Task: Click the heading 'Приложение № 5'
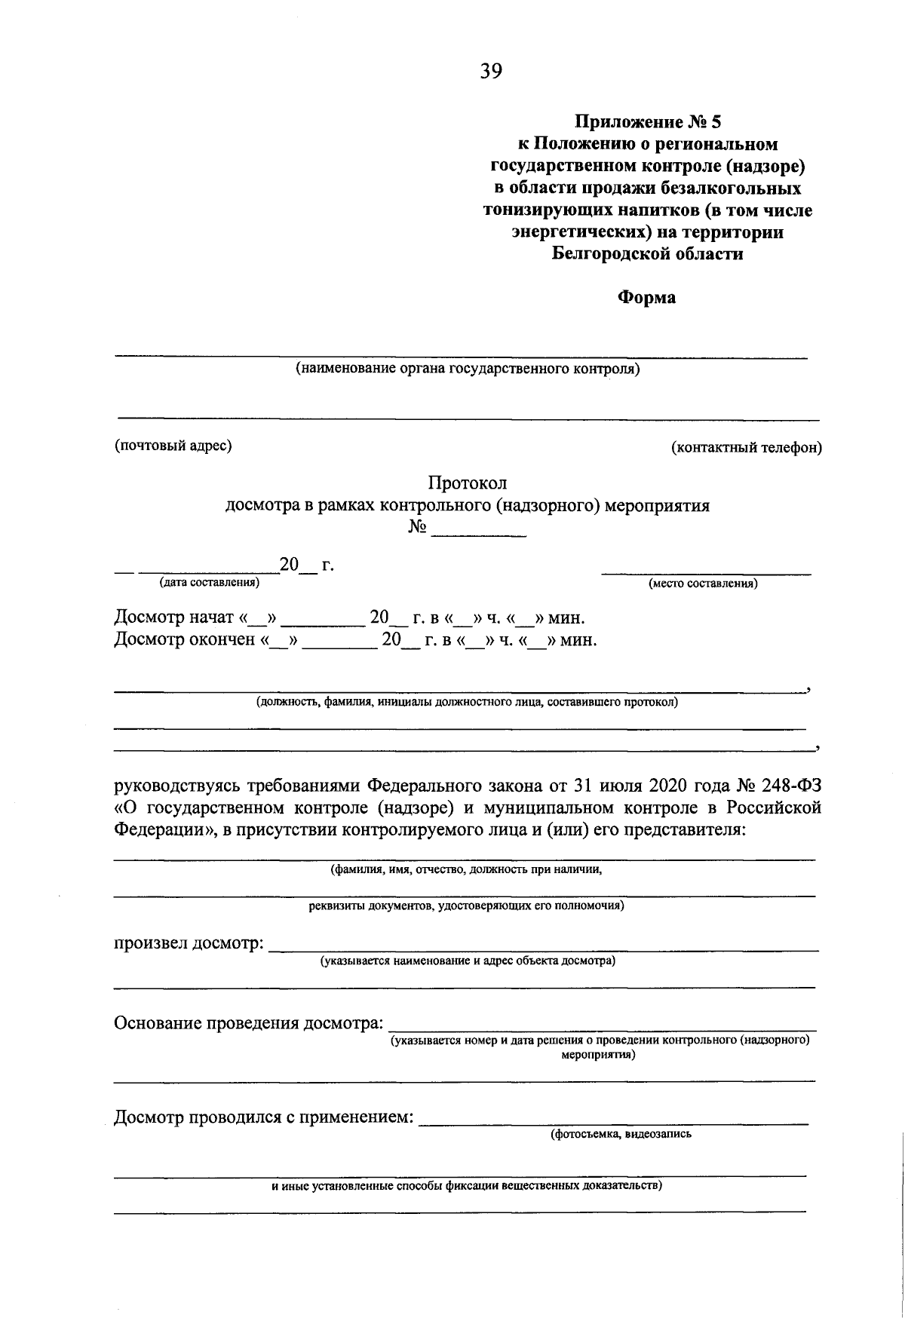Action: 647,121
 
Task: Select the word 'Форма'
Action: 647,298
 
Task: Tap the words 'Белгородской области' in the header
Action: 647,254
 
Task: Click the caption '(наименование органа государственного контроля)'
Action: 468,369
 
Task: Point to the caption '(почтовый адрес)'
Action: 173,446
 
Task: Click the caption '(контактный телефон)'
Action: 747,448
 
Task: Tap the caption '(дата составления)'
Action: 209,582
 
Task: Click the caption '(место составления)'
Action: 703,584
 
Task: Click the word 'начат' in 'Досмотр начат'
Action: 210,618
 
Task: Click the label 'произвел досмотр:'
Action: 189,943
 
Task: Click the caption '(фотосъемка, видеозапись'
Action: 621,1133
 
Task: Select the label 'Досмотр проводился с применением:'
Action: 264,1117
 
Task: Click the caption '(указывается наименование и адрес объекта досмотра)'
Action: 468,961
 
